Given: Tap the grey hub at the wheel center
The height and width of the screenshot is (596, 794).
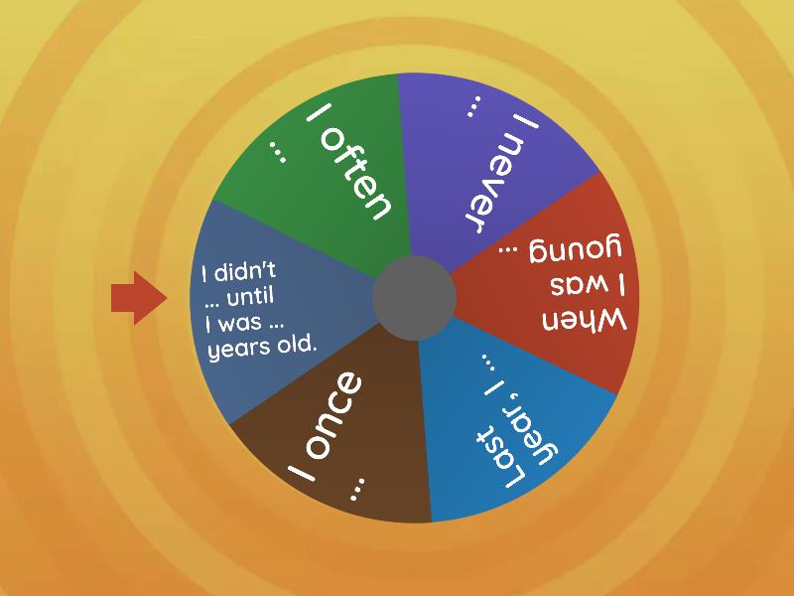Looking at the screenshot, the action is (x=414, y=297).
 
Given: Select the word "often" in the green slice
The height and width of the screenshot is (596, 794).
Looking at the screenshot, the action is (x=359, y=177).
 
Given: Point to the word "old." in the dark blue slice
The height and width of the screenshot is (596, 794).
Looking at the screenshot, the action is (x=294, y=346).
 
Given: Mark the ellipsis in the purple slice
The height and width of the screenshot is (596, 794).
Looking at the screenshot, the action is (x=474, y=105).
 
